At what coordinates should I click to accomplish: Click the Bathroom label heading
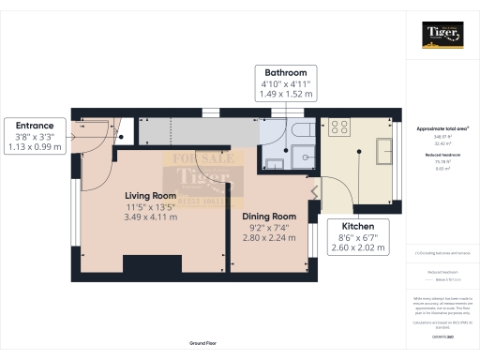[286, 71]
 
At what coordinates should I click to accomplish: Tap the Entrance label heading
[35, 126]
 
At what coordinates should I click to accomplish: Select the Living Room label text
[151, 195]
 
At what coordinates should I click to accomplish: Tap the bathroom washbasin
[275, 165]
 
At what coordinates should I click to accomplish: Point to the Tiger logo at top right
[442, 36]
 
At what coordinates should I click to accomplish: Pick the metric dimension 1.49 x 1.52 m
[286, 94]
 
